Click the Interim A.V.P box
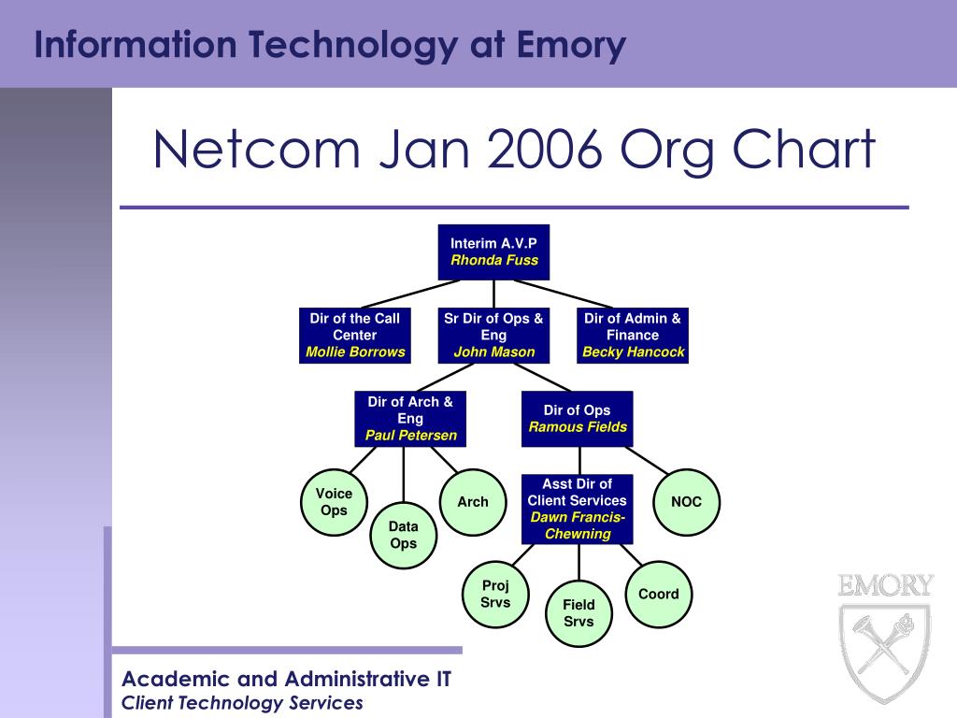[x=493, y=251]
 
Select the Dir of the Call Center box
[x=355, y=336]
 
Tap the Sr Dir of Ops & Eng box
[x=493, y=336]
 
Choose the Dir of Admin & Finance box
[x=633, y=336]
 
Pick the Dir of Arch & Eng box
[x=410, y=418]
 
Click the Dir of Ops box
[x=578, y=418]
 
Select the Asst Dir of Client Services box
[x=578, y=509]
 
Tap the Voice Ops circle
[x=334, y=502]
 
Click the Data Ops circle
[x=403, y=535]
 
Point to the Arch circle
[x=473, y=502]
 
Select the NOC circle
[x=686, y=502]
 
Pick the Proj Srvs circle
[x=495, y=594]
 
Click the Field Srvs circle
[x=578, y=613]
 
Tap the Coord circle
[x=659, y=594]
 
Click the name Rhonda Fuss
[x=494, y=261]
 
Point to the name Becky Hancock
[x=634, y=352]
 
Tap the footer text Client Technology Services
[x=243, y=703]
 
